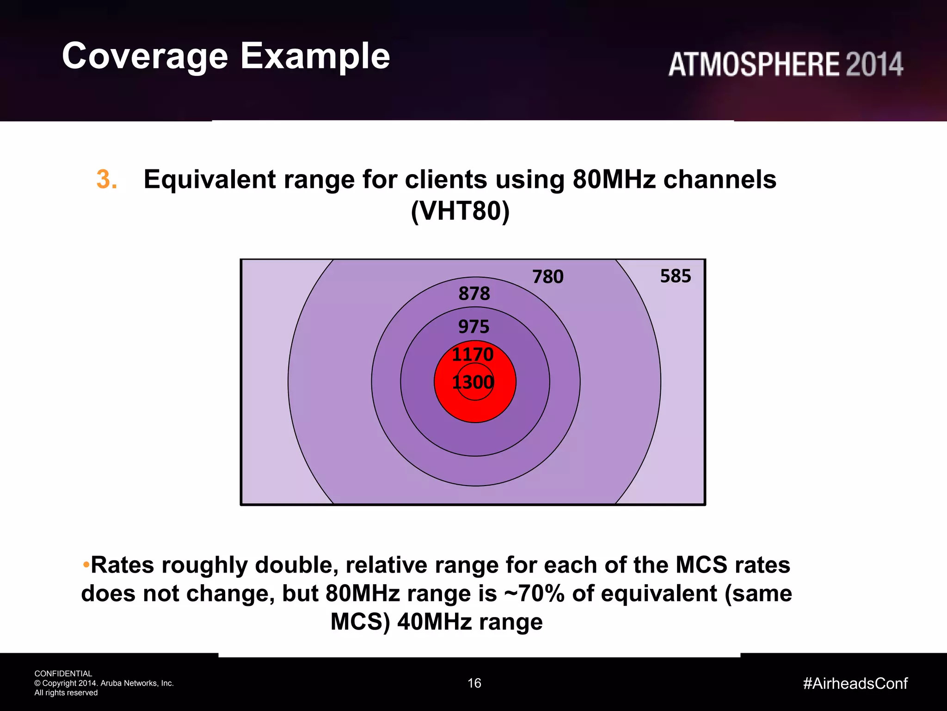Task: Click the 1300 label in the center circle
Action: click(x=473, y=382)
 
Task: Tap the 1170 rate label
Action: click(x=473, y=355)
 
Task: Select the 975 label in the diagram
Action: click(x=473, y=327)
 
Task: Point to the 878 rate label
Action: click(x=474, y=293)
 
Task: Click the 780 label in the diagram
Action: click(x=548, y=277)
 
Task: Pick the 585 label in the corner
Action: click(x=676, y=276)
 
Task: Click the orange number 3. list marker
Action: click(x=107, y=179)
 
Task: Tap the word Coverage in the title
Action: click(x=145, y=56)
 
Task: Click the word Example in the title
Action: click(x=315, y=56)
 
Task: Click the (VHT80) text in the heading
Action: click(x=460, y=211)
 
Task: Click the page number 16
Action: click(x=474, y=683)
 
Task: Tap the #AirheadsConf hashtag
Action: click(x=855, y=683)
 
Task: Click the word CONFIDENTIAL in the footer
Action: click(x=63, y=674)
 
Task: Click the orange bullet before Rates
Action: click(x=86, y=565)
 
